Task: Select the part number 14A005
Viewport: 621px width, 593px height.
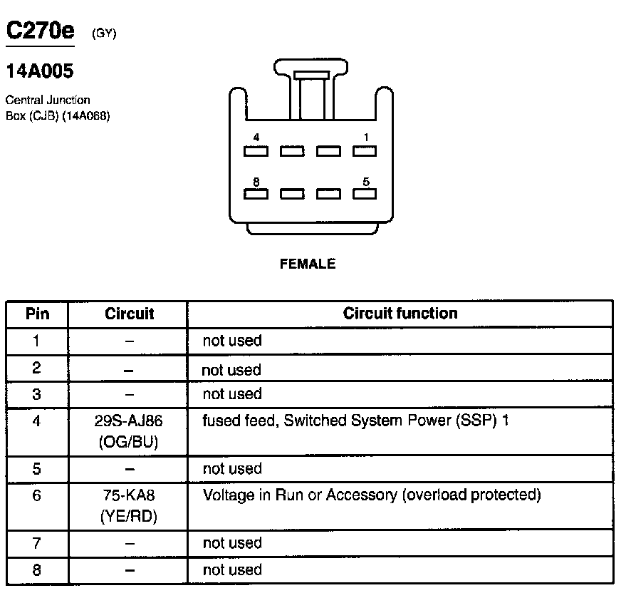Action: (x=39, y=71)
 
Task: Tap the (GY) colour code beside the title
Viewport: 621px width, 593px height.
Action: (x=104, y=33)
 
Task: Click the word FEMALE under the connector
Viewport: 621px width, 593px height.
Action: (x=308, y=264)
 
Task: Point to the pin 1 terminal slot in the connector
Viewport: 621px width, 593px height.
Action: (x=365, y=151)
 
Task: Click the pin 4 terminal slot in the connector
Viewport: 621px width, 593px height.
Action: (x=256, y=151)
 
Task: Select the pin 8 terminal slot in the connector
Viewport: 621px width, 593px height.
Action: (x=256, y=194)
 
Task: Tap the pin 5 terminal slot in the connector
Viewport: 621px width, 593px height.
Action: (x=365, y=194)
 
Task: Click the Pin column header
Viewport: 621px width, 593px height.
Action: (x=37, y=314)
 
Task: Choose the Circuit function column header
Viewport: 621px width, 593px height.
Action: (x=400, y=314)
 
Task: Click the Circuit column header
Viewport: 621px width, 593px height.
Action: (x=129, y=314)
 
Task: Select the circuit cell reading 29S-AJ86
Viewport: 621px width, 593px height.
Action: (x=129, y=421)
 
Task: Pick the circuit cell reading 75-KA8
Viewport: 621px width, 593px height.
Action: (x=129, y=495)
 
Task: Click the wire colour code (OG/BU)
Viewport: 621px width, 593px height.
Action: (x=129, y=443)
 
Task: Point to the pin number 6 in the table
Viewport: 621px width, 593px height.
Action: (x=37, y=495)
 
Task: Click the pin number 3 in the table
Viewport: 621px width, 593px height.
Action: (x=37, y=394)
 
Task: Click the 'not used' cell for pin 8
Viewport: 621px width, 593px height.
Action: (x=232, y=569)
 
